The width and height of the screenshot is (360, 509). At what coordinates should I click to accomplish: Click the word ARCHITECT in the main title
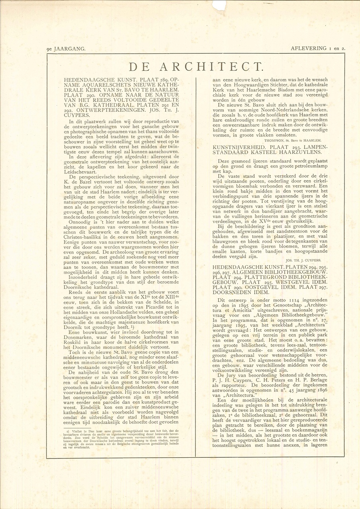pyautogui.click(x=211, y=66)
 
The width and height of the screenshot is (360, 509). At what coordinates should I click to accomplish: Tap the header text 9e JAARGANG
pyautogui.click(x=66, y=49)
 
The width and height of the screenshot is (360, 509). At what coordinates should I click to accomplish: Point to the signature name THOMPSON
pyautogui.click(x=274, y=140)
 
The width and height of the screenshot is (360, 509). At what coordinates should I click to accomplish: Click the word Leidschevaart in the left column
pyautogui.click(x=80, y=171)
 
